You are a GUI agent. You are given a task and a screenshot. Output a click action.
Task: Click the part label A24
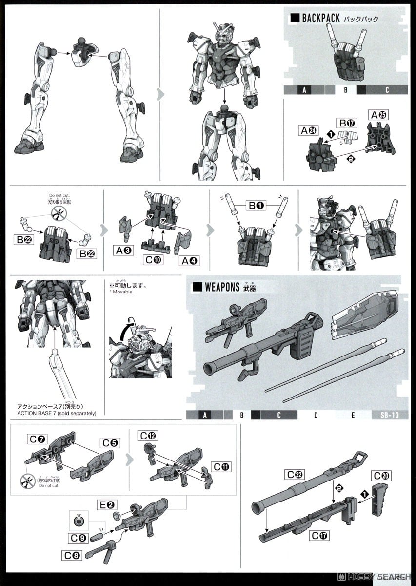pyautogui.click(x=309, y=130)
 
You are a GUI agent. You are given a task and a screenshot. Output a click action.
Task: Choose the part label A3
pyautogui.click(x=123, y=250)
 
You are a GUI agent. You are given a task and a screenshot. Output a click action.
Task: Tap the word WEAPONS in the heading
pyautogui.click(x=222, y=287)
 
